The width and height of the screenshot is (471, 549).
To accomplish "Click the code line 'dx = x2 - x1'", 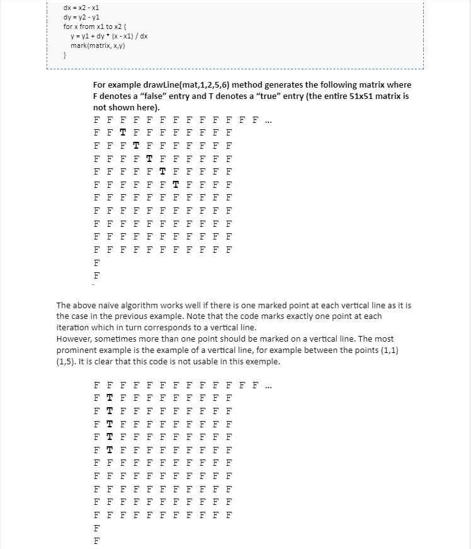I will click(x=81, y=8).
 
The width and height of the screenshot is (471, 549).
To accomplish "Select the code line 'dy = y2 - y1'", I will click(x=81, y=17).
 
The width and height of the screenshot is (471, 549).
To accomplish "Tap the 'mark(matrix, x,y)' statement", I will click(x=98, y=46).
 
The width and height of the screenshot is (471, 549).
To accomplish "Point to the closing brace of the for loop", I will click(x=65, y=55).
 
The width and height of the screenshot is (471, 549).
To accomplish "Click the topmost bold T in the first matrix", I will click(x=122, y=133).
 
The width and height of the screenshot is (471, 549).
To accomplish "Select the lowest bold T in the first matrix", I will click(x=175, y=185).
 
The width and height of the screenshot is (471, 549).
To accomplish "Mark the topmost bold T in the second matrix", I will click(x=110, y=398).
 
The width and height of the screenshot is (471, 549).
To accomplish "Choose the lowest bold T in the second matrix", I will click(x=110, y=449).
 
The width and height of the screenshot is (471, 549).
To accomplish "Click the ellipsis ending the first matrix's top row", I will click(x=268, y=120).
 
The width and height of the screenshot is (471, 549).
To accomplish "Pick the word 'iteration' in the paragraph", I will click(x=73, y=327).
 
